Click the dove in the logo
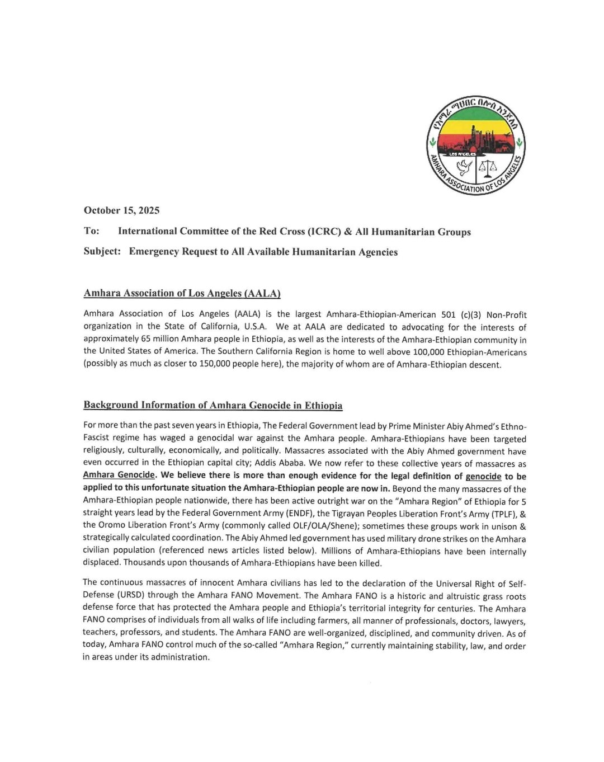(464, 167)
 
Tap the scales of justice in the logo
(489, 166)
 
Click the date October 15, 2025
(121, 210)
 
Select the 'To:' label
(91, 231)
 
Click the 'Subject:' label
(102, 251)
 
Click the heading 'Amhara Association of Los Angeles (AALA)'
(182, 293)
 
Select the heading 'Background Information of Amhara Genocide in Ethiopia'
(213, 405)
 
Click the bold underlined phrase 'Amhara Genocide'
(119, 475)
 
